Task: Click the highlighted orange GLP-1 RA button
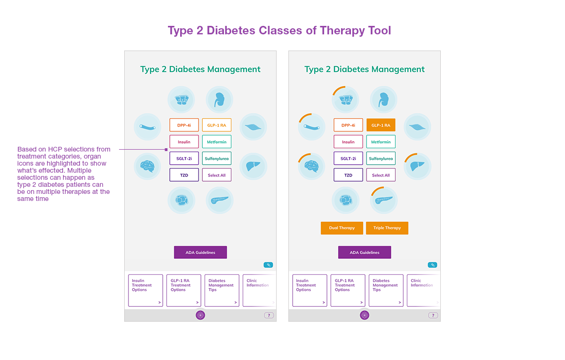(x=381, y=125)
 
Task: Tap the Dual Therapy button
(x=342, y=228)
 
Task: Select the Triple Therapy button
(x=387, y=228)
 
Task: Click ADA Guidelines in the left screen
(x=200, y=252)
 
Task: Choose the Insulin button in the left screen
(x=184, y=142)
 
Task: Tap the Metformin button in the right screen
(x=381, y=142)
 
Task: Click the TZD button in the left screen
(x=184, y=175)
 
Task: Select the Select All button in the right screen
(x=381, y=175)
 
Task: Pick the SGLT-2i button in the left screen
(x=184, y=159)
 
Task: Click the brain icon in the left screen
(x=147, y=166)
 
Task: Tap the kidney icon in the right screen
(x=383, y=99)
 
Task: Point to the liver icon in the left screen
(x=253, y=166)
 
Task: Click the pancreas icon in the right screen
(x=383, y=200)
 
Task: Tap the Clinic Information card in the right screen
(x=423, y=290)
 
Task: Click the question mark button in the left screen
(x=269, y=315)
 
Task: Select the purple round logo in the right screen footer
(x=365, y=315)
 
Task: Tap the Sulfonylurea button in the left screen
(x=216, y=159)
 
